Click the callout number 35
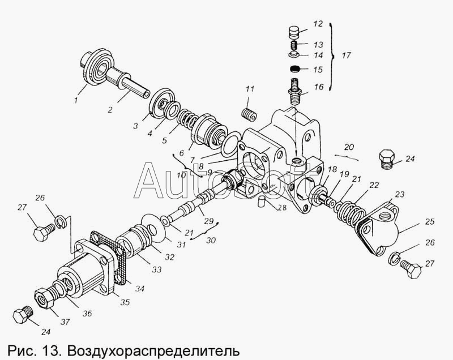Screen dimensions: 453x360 [125, 302]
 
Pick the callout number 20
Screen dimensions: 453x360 [349, 147]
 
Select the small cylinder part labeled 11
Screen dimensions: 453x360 [247, 114]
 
